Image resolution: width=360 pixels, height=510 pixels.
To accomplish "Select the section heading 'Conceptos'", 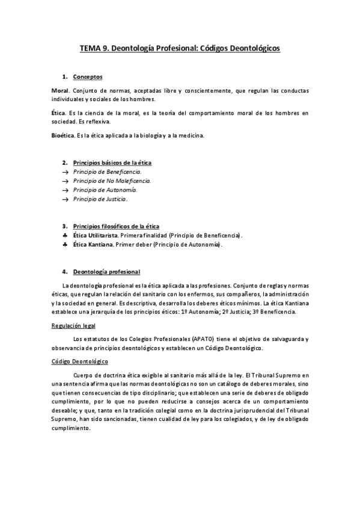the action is [x=88, y=77].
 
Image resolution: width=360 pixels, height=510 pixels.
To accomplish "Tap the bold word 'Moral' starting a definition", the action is [x=61, y=91].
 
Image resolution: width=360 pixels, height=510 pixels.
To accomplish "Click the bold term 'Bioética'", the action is [x=63, y=135].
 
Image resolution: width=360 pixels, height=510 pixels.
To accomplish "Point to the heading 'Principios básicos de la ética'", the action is [x=112, y=163].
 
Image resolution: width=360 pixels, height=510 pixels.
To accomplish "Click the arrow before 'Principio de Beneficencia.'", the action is [x=65, y=172].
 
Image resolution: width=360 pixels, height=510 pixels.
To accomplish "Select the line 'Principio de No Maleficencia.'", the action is [x=112, y=180].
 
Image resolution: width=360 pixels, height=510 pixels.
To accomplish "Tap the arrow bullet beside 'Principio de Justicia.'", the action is [x=65, y=199].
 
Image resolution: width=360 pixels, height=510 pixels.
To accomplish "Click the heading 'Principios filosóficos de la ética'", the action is [x=117, y=226].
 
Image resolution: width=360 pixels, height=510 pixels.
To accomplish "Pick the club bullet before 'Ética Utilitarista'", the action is [x=65, y=236].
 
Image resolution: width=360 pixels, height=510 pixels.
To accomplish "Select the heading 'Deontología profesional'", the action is [x=106, y=272].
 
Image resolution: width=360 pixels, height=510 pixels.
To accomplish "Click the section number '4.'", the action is [x=65, y=272].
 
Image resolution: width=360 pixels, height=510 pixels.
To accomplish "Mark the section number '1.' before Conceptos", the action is [x=65, y=77].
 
